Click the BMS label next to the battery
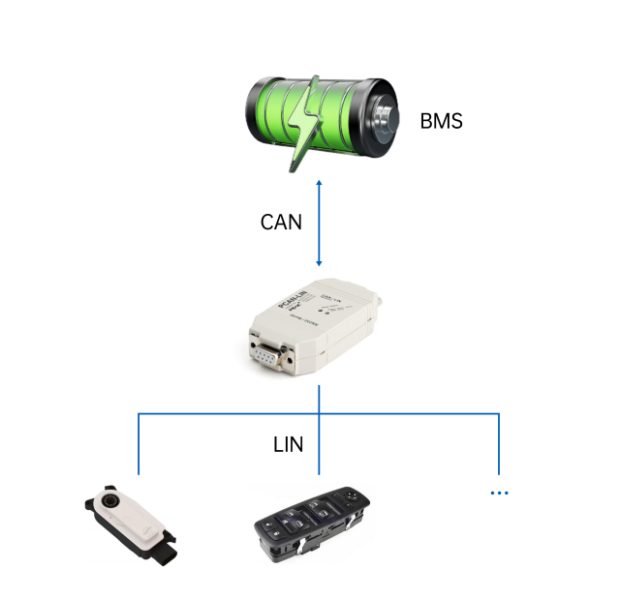(441, 122)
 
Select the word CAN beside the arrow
(281, 222)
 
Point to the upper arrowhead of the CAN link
(320, 182)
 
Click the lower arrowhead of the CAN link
(320, 263)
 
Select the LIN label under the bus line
(288, 445)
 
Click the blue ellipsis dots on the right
(499, 494)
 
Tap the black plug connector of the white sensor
(165, 552)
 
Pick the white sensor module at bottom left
(136, 523)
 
